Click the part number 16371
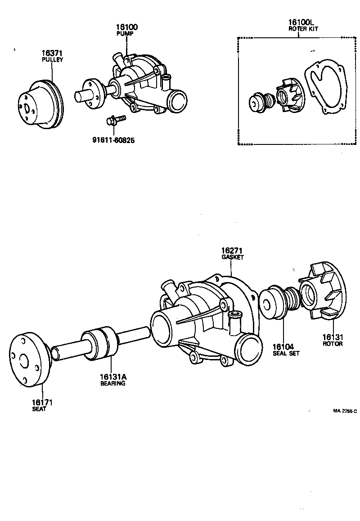[x=52, y=54]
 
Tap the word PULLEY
[x=52, y=60]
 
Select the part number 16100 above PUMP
[x=127, y=27]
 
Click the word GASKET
[x=232, y=257]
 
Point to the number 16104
[x=283, y=347]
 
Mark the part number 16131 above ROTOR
[x=333, y=337]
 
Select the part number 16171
[x=39, y=402]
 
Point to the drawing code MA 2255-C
[x=345, y=411]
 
